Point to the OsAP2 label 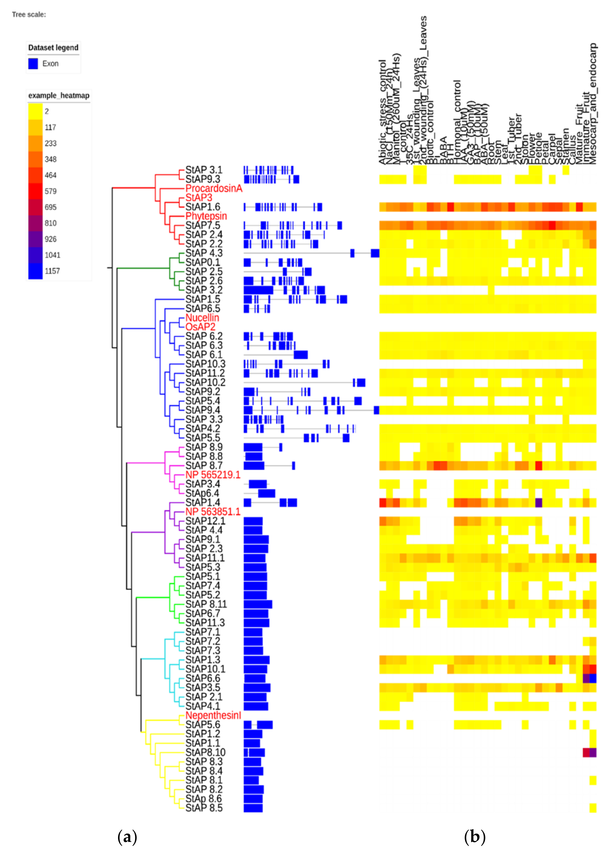click(x=200, y=327)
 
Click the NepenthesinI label click(x=213, y=716)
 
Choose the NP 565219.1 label click(x=213, y=475)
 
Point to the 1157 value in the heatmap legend click(x=52, y=271)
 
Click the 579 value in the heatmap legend click(x=51, y=191)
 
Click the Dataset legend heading click(x=53, y=48)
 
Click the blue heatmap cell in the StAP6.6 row click(x=593, y=678)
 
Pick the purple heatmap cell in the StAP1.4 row click(x=539, y=503)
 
